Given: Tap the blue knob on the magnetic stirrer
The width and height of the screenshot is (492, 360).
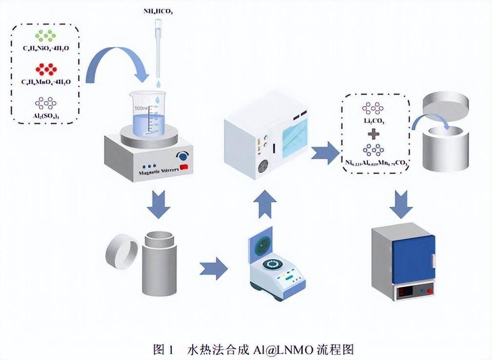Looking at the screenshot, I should coord(184,156).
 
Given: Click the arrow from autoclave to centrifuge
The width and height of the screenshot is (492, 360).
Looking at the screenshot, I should coord(213,267).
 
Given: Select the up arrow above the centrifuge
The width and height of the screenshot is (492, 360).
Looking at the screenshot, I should coord(265,205).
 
